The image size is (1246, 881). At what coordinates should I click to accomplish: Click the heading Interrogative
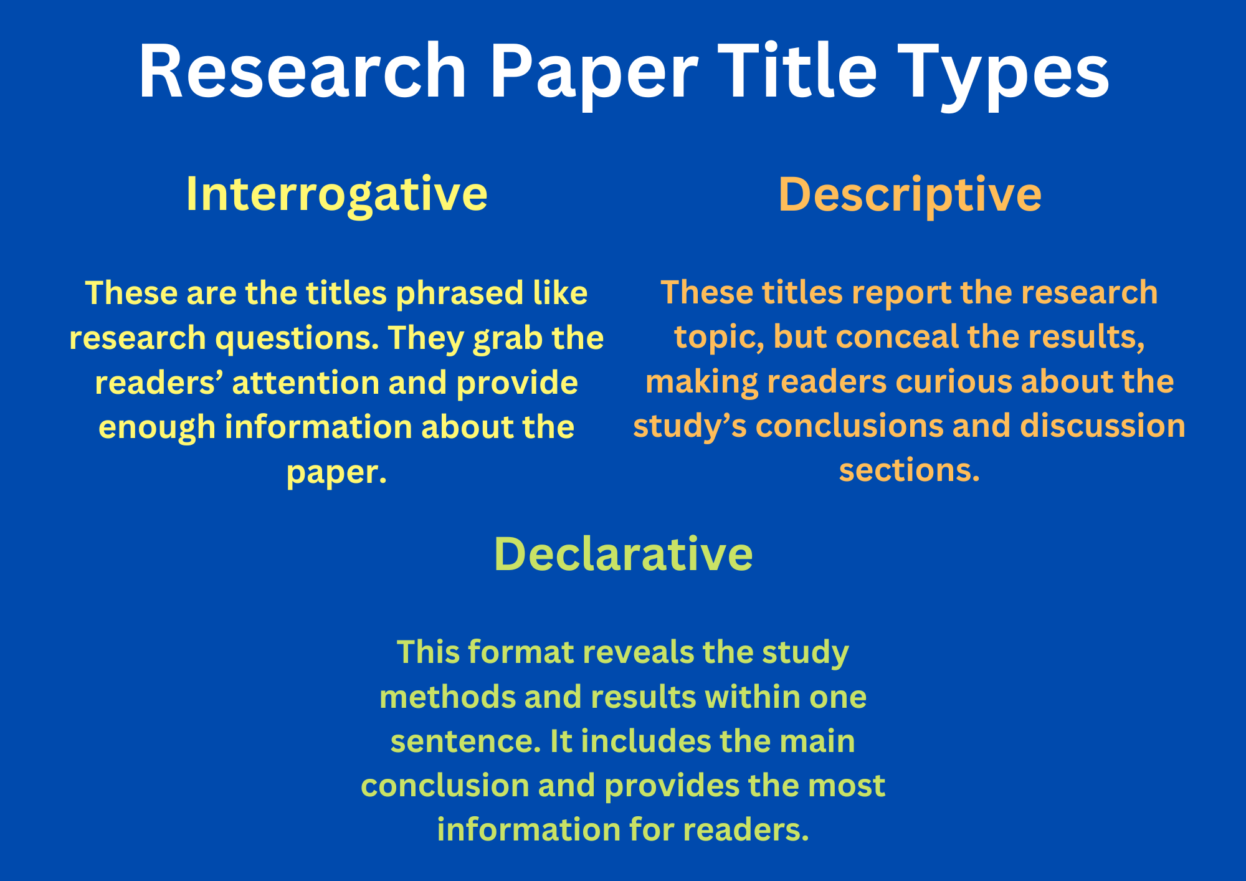coord(336,194)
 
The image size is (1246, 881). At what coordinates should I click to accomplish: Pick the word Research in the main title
coord(303,70)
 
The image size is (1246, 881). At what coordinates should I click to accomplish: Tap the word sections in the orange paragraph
coord(910,471)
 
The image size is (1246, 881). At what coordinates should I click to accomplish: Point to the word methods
coord(447,697)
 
